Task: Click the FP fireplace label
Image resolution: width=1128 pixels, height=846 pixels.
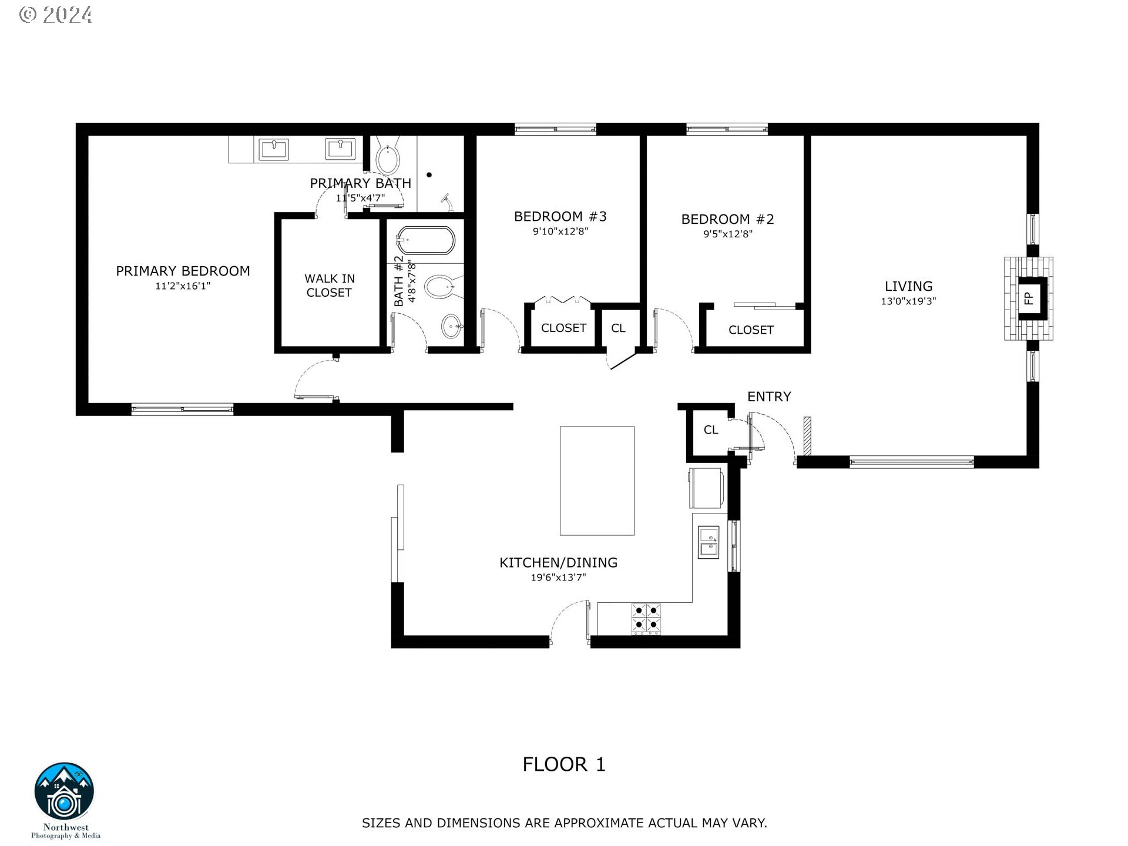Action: (x=1028, y=298)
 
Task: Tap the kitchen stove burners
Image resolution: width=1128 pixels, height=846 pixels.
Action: (x=646, y=619)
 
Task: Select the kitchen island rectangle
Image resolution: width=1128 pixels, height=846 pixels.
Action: (x=597, y=481)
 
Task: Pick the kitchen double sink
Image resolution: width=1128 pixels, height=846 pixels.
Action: (x=709, y=542)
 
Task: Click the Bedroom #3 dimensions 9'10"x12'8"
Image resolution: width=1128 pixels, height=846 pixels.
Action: (x=560, y=231)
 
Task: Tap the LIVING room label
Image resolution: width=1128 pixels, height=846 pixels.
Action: (x=908, y=286)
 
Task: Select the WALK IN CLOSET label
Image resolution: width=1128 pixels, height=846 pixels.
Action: (x=329, y=286)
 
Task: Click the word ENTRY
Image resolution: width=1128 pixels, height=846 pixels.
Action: (x=769, y=397)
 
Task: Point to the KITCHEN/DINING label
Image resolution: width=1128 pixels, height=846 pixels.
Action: (x=558, y=562)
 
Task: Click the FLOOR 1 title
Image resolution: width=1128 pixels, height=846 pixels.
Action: (x=564, y=764)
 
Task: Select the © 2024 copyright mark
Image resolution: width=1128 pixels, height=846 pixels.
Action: (x=56, y=15)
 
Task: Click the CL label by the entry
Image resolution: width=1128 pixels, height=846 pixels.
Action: (x=711, y=430)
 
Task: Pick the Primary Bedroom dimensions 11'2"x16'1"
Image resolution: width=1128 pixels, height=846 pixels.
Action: (x=183, y=286)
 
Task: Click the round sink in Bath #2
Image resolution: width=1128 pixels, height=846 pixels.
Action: (x=451, y=327)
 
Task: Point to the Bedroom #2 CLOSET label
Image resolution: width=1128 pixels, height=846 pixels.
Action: (x=751, y=330)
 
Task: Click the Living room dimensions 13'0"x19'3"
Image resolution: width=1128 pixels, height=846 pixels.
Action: (x=908, y=301)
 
